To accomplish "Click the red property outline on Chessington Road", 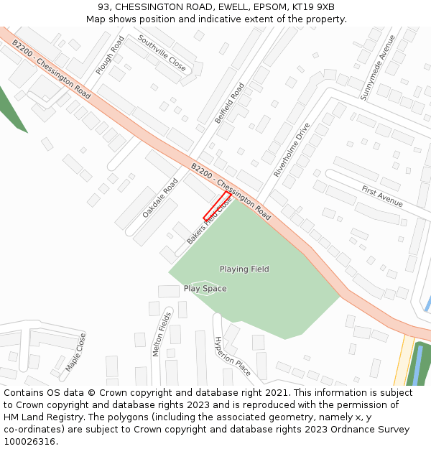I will click(217, 206).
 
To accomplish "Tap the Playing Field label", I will click(244, 269).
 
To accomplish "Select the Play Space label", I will click(205, 289).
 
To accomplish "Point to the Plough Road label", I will click(109, 55).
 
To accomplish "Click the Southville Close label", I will click(162, 54).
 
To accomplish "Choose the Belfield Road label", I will click(230, 103).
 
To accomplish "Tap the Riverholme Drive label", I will click(292, 150).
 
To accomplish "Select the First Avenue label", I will click(382, 195).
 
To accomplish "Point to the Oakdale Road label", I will click(159, 198).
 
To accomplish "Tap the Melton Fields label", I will click(162, 334).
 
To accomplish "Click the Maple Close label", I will click(75, 352).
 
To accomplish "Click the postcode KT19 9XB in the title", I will click(313, 7).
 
